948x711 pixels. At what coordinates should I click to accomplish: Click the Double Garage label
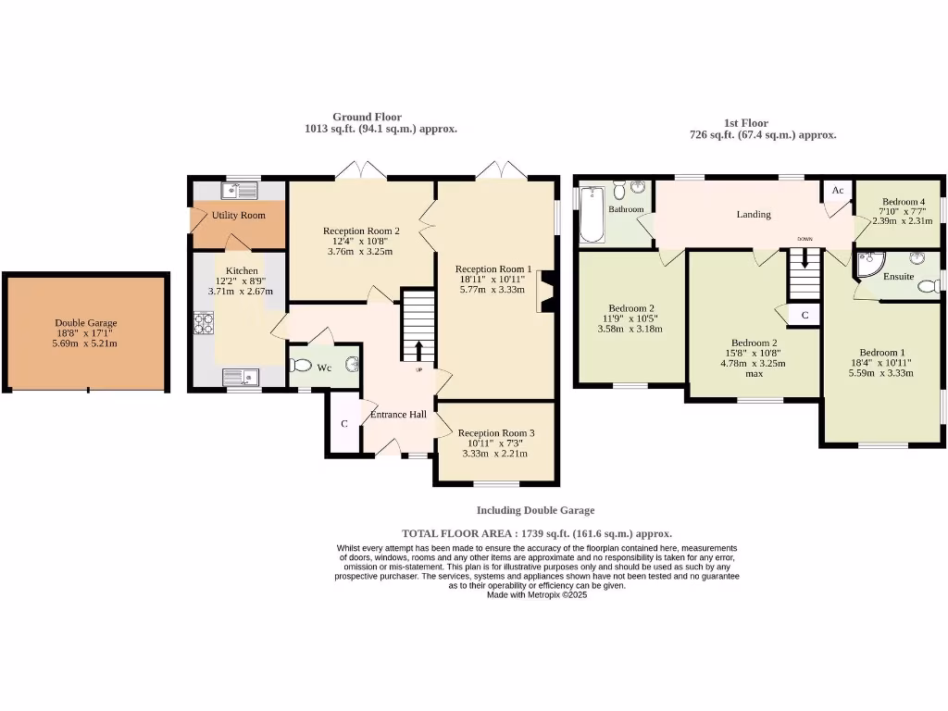[86, 323]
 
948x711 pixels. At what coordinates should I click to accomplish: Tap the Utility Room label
[238, 215]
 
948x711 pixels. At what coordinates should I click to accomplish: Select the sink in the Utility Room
[239, 192]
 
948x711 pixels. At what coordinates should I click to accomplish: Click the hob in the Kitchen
[203, 324]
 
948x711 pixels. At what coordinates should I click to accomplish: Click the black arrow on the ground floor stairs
[418, 351]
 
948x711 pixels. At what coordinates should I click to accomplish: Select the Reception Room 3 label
[495, 432]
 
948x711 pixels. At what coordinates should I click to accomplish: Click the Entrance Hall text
[398, 414]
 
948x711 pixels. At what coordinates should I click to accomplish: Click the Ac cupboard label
[838, 190]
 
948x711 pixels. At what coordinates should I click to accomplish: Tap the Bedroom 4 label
[904, 202]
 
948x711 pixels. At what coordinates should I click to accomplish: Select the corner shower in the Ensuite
[867, 266]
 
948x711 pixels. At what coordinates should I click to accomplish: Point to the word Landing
[754, 214]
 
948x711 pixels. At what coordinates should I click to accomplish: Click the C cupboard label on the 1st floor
[805, 316]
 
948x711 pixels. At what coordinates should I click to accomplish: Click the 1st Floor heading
[745, 122]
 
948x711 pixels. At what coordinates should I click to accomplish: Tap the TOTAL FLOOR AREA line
[537, 533]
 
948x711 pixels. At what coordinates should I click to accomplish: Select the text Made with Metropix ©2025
[537, 594]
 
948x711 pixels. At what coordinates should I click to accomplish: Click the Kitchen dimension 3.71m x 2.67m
[235, 291]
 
